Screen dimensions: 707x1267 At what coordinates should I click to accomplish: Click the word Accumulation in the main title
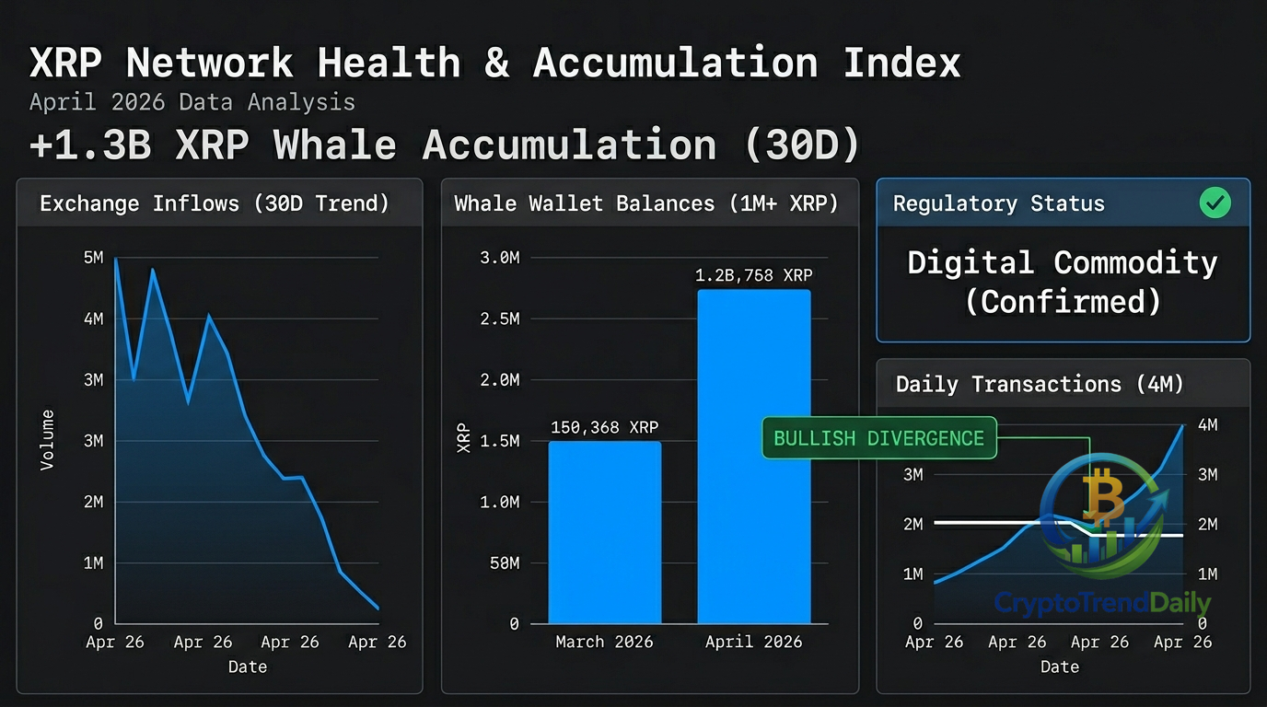click(675, 64)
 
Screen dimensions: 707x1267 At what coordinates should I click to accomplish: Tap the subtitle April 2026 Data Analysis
click(192, 102)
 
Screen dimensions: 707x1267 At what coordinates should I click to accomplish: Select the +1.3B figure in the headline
click(90, 145)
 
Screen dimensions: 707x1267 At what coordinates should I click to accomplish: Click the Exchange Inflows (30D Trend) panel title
click(215, 203)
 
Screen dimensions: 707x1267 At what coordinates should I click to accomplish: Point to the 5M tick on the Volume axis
click(93, 258)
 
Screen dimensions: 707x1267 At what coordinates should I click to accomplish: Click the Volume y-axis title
click(47, 440)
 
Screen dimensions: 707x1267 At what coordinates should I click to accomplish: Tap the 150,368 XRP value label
click(604, 427)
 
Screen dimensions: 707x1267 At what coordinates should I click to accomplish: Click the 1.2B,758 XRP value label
click(753, 275)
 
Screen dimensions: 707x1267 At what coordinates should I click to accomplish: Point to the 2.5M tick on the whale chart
click(500, 319)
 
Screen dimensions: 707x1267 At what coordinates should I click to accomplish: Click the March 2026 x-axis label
click(604, 642)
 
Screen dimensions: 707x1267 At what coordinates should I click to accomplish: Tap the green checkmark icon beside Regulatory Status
click(1215, 203)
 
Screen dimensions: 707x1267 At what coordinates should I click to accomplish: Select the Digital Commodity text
click(1062, 263)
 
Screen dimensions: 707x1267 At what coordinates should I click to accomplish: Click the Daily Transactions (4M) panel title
click(1040, 384)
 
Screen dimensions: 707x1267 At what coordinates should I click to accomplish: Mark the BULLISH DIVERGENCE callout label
click(878, 438)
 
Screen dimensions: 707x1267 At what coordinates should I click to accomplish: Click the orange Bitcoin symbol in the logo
click(1103, 498)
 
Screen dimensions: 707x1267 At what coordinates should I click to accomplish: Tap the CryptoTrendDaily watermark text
click(1102, 603)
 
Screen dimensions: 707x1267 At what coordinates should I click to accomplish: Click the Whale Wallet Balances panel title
click(646, 203)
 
